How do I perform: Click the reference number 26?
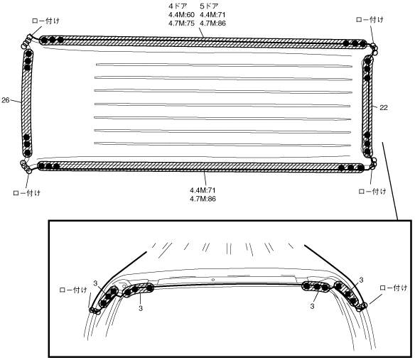pos(5,100)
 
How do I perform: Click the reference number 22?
pos(384,108)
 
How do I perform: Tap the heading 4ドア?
pos(178,6)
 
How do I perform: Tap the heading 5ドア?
pos(209,6)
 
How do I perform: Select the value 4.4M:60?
pos(182,14)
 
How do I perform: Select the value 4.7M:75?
pos(182,23)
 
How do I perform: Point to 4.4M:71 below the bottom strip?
pos(203,190)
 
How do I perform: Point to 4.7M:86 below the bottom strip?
pos(203,199)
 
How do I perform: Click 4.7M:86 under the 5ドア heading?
pos(212,23)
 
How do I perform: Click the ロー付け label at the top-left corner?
pos(45,21)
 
